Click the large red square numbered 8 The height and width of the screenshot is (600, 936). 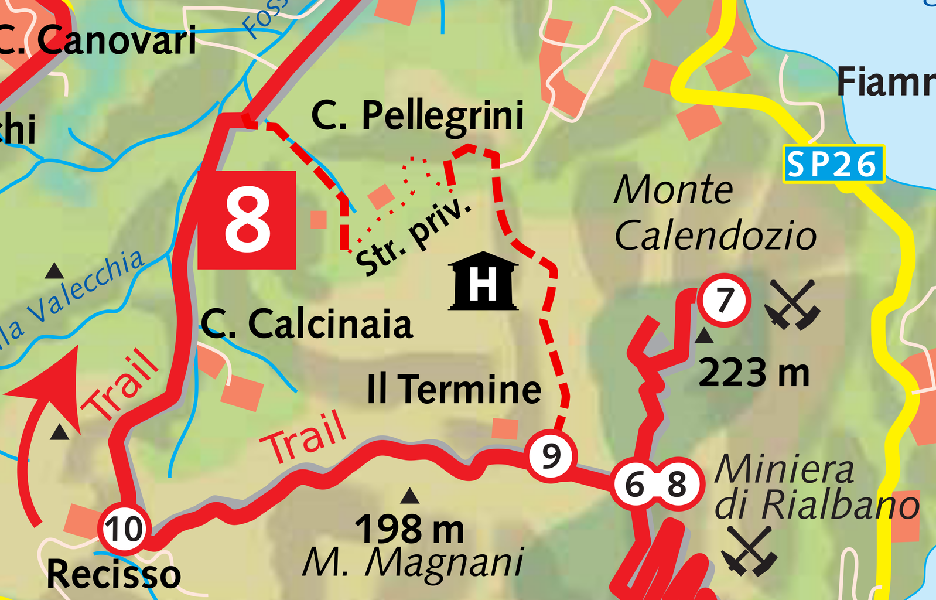tap(247, 220)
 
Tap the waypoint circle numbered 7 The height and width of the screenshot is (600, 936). tap(725, 300)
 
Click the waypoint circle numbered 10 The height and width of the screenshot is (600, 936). tap(124, 529)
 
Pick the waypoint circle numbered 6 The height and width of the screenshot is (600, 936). tap(634, 485)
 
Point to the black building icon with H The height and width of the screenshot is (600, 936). tap(483, 282)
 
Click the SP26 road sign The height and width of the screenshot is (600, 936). tap(833, 164)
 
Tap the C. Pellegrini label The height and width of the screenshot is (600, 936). tap(418, 115)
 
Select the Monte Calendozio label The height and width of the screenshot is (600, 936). tap(715, 213)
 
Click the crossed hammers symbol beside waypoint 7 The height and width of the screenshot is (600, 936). tap(792, 304)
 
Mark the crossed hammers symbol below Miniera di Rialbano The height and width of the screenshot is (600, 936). tap(749, 550)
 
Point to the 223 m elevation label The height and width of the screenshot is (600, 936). tap(754, 373)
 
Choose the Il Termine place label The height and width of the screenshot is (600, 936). tap(454, 389)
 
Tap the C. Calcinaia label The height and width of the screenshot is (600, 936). tap(306, 324)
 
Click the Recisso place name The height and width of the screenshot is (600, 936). tap(114, 574)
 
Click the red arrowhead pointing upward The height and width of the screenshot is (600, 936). tap(56, 381)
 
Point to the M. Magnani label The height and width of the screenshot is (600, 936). tap(413, 563)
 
